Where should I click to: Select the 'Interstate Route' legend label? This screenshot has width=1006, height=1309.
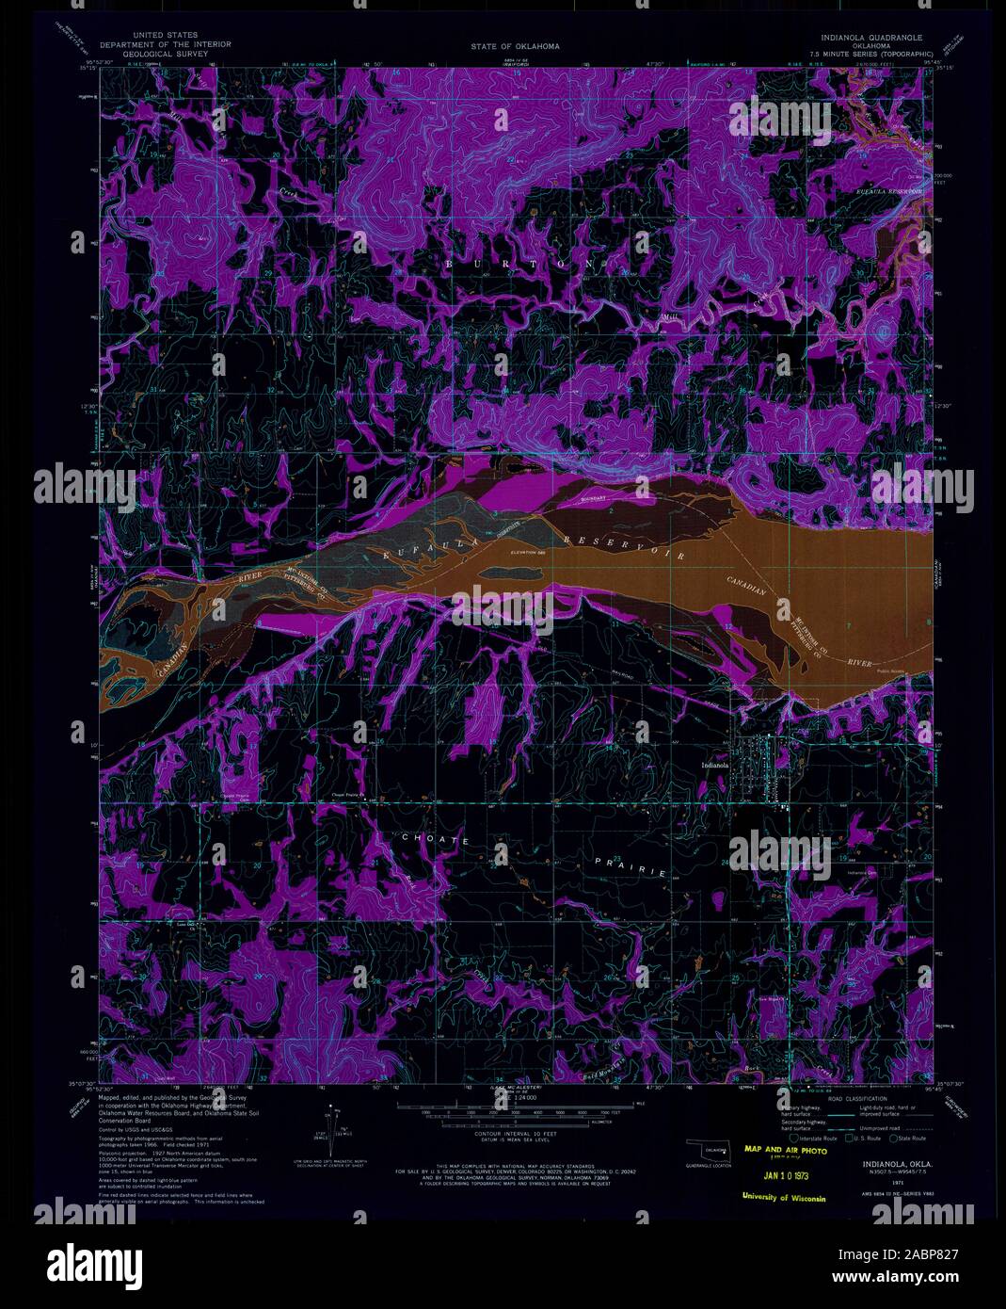(x=816, y=1139)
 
